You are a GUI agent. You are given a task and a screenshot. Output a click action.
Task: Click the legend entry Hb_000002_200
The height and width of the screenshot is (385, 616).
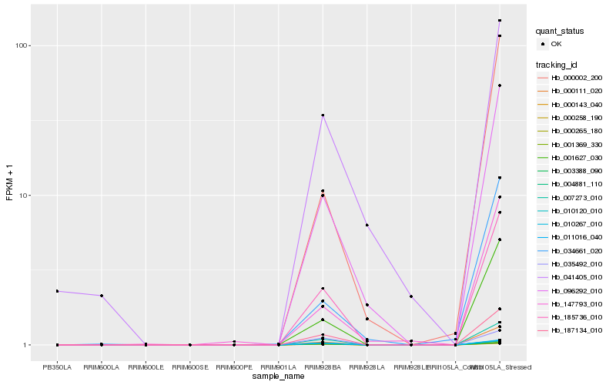(x=571, y=78)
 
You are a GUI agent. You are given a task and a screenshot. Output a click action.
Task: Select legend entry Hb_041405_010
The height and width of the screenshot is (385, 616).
(x=571, y=277)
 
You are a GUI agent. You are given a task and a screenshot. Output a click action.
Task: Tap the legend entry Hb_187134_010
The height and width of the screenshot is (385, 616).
(x=571, y=330)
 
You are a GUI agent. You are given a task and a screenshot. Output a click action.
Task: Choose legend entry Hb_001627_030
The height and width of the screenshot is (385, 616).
(x=571, y=157)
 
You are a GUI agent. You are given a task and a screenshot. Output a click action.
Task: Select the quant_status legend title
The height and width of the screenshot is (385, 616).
(x=560, y=31)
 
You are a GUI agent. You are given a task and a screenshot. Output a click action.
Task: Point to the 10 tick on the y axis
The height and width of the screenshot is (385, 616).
(x=24, y=196)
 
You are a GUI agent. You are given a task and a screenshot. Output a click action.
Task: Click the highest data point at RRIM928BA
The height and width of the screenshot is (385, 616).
(x=323, y=115)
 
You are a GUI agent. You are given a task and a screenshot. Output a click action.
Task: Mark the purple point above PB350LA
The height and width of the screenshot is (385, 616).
(x=57, y=291)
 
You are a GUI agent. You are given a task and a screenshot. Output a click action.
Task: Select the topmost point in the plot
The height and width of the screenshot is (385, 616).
(x=500, y=21)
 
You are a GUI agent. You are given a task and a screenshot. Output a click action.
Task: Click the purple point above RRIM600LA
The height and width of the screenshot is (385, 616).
(x=102, y=296)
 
